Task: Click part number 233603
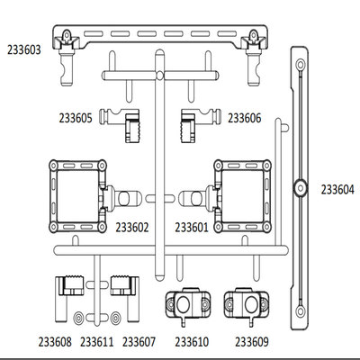coord(24,49)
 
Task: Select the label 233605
coord(76,118)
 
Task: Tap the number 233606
coord(245,118)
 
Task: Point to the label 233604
coord(337,190)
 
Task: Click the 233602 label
coord(132,228)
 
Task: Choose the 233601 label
coord(192,228)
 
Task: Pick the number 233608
coord(55,342)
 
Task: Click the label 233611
coord(97,342)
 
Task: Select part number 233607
coord(139,342)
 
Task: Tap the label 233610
coord(192,342)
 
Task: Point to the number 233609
coord(252,342)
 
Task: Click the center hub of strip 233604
coord(300,188)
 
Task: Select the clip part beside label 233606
coord(201,123)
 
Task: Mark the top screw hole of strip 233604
coord(300,65)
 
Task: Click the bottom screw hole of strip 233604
coord(300,311)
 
